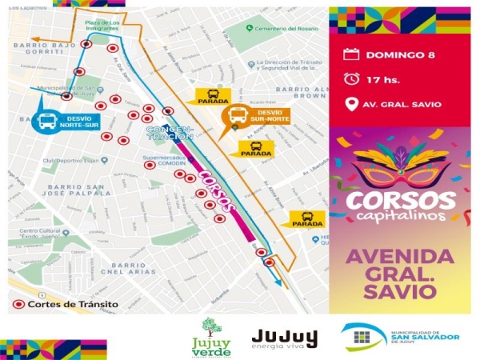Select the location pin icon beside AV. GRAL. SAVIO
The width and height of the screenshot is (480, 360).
tap(350, 104)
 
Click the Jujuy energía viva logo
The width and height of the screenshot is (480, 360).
tap(284, 338)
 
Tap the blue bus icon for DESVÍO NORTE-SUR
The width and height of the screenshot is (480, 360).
tap(47, 122)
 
